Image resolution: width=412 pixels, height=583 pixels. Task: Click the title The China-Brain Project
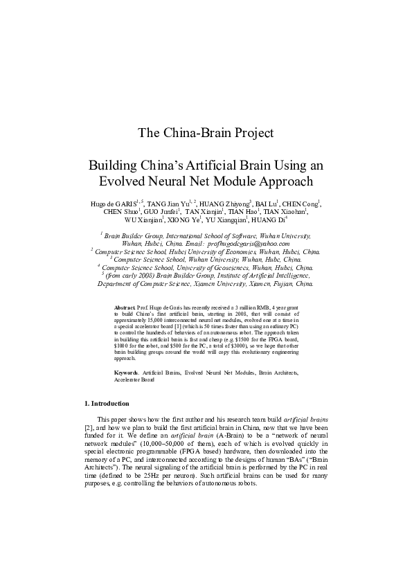206,132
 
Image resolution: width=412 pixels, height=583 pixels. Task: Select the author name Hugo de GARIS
114,203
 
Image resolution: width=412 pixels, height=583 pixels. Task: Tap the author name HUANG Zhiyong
223,203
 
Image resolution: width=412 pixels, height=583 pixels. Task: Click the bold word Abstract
125,306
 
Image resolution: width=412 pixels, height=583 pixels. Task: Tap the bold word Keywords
127,373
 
